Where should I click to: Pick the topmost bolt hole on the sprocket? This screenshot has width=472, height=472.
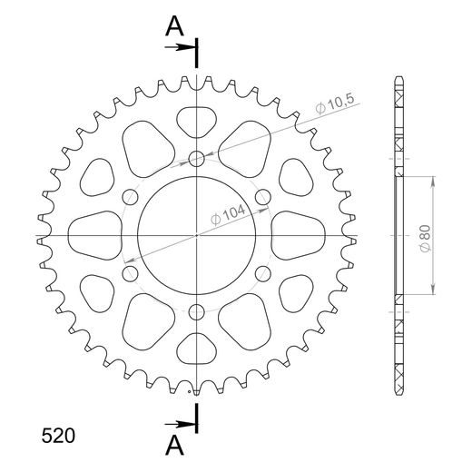[197, 160]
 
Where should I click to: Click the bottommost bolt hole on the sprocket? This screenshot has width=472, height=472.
[197, 311]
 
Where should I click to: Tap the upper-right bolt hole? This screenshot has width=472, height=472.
[263, 197]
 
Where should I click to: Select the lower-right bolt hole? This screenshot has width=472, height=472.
[263, 273]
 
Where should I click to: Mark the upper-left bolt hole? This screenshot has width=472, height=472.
[131, 197]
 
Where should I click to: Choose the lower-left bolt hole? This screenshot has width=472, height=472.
[131, 273]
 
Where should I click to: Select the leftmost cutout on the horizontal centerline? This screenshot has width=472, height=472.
[94, 235]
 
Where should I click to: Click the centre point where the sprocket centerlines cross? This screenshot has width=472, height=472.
[197, 235]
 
